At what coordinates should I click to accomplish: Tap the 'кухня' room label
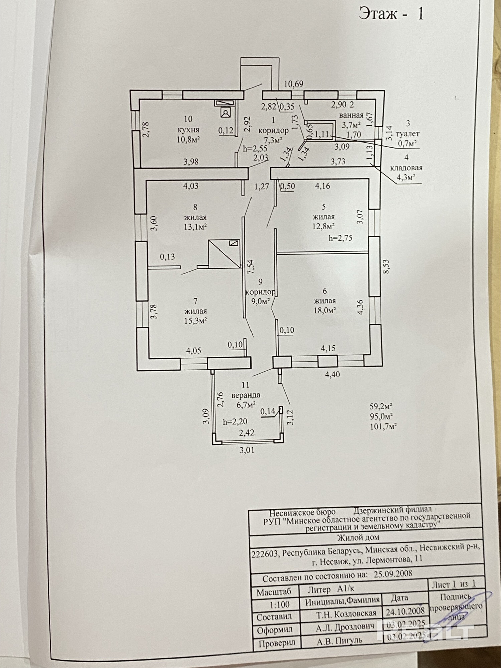tap(188, 129)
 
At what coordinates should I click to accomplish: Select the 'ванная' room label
tap(351, 116)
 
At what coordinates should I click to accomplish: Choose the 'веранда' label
tap(246, 395)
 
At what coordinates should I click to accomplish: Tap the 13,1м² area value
tap(195, 227)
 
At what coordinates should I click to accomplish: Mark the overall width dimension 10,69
tap(294, 84)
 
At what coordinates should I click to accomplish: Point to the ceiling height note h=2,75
tap(340, 238)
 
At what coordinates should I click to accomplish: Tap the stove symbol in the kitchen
tap(226, 113)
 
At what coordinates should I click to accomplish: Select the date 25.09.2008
tap(393, 573)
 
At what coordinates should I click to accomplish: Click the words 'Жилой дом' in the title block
tap(358, 538)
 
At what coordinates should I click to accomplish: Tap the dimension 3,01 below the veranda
tap(247, 450)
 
